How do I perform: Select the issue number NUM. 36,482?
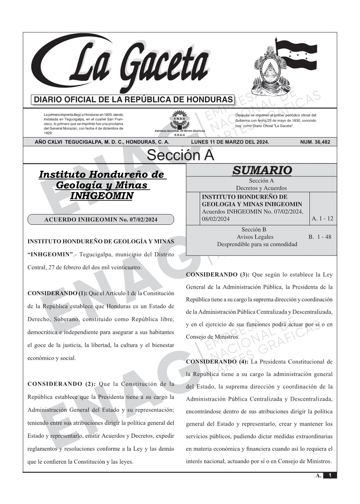click(x=315, y=142)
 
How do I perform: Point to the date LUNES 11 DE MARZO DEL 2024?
click(x=230, y=142)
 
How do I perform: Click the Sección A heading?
click(x=180, y=155)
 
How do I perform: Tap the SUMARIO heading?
click(x=262, y=170)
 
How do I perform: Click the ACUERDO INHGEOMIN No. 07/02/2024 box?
click(x=101, y=219)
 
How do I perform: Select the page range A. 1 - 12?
click(x=322, y=218)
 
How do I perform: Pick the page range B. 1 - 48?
click(x=320, y=237)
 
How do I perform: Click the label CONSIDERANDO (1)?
click(x=58, y=293)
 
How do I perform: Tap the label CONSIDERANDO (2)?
click(x=61, y=384)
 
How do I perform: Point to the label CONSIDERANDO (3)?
click(x=218, y=274)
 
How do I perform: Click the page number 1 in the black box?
click(x=330, y=475)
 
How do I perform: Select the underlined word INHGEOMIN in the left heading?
click(x=102, y=196)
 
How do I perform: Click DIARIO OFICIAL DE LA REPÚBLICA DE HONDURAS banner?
click(x=133, y=100)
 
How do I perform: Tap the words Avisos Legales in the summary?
click(x=255, y=237)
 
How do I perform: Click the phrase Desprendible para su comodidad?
click(x=257, y=244)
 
